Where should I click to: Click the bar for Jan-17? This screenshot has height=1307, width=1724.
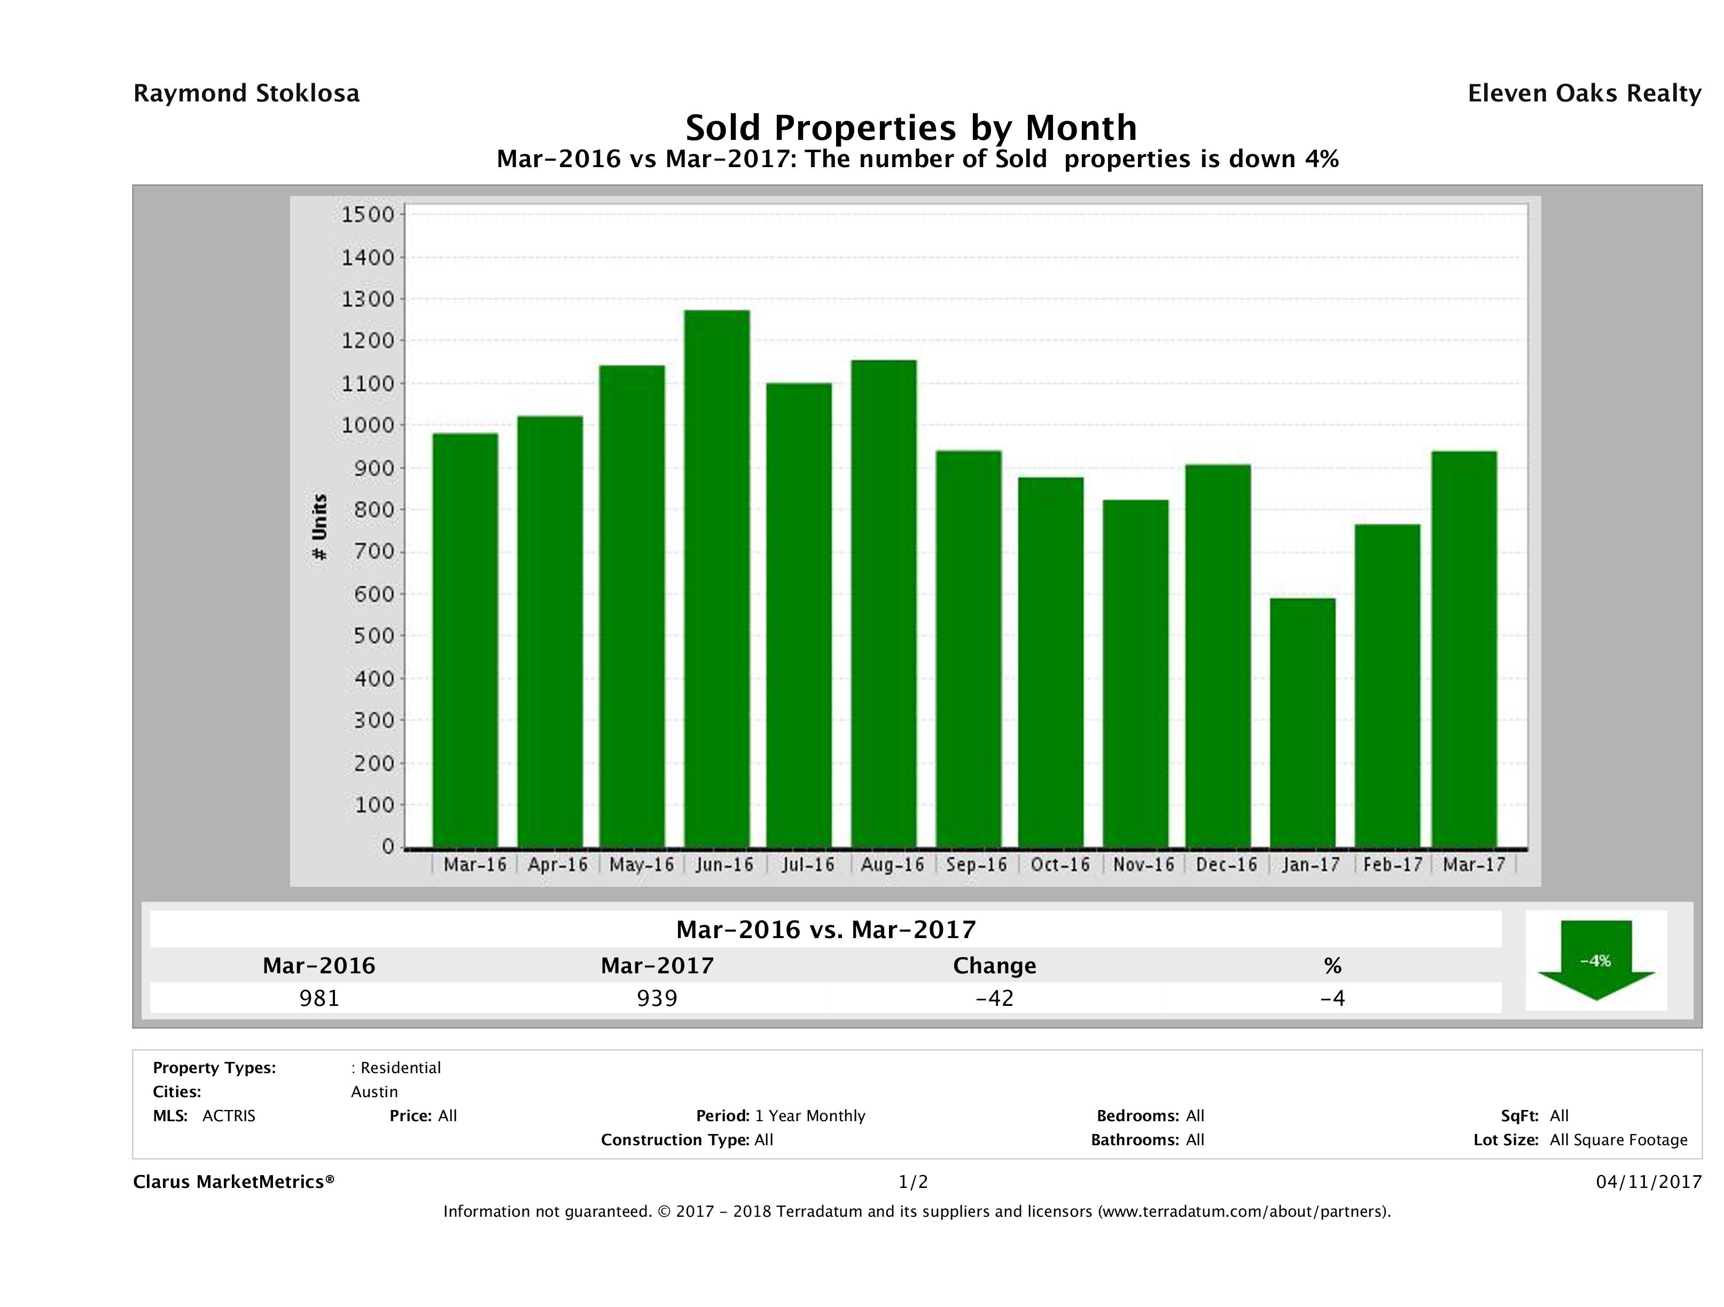pos(1302,723)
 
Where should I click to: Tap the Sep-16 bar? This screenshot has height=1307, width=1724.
pos(969,649)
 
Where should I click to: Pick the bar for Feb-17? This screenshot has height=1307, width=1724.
pos(1387,686)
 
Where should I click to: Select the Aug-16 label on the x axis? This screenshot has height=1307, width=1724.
pos(892,864)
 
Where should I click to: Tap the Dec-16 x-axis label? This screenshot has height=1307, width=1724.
pos(1227,864)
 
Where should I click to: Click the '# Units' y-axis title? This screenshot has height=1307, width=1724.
pos(319,527)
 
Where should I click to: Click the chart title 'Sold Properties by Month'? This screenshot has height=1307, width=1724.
pos(910,127)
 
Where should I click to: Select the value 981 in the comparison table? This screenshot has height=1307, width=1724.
pos(319,998)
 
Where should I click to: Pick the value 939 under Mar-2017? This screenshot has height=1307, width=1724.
pos(657,998)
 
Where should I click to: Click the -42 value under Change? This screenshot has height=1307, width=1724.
pos(995,998)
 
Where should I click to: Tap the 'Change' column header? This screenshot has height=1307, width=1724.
pos(995,966)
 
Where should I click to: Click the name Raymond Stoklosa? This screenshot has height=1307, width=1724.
pos(246,93)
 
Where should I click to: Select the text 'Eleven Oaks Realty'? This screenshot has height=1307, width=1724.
pos(1583,93)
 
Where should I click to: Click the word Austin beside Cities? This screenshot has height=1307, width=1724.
pos(374,1092)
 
